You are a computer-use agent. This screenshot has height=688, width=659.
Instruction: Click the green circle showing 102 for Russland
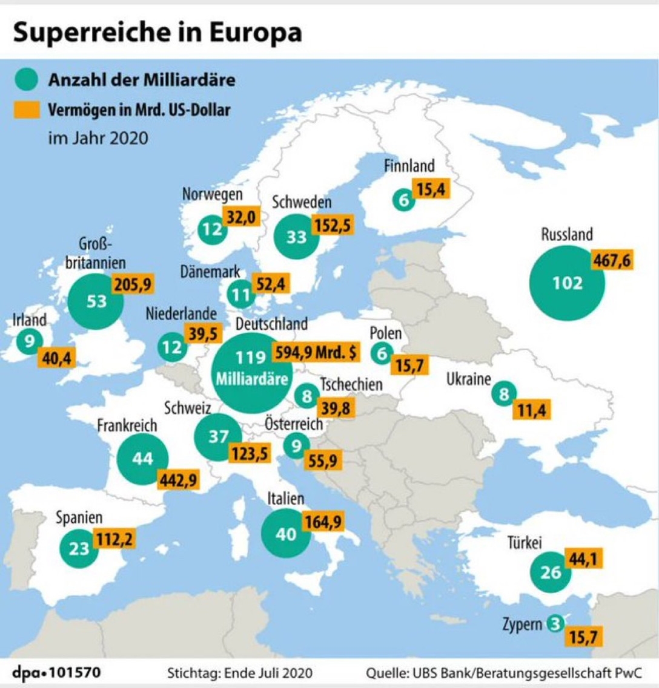tap(567, 283)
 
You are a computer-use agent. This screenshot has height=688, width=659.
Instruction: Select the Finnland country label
tap(409, 165)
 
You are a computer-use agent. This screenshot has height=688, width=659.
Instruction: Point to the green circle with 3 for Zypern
tap(554, 624)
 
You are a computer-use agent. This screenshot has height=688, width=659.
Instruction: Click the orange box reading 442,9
tap(177, 479)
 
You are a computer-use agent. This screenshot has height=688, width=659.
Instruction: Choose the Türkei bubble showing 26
tap(551, 571)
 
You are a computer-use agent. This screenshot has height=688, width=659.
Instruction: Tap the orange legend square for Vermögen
tap(26, 110)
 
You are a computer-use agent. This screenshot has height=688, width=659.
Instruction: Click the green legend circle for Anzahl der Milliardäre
tap(26, 79)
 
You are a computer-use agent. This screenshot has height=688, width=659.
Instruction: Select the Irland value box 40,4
tap(56, 358)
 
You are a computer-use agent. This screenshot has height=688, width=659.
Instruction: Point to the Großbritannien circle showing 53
tap(96, 301)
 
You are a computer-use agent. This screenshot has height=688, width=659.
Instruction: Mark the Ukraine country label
tap(468, 379)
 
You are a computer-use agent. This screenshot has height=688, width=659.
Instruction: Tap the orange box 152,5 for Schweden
tap(333, 224)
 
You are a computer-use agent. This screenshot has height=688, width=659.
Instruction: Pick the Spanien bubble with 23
tap(79, 548)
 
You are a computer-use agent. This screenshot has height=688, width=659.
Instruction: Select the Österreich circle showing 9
tap(296, 446)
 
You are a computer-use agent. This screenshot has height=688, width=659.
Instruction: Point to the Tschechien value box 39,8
tap(336, 408)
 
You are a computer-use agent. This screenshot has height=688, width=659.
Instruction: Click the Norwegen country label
tap(212, 194)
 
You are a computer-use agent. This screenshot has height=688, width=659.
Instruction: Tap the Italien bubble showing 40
tap(286, 533)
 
